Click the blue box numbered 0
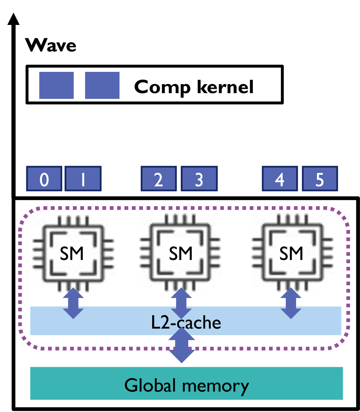pos(44,179)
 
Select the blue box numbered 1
pos(83,179)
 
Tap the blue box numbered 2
pos(159,179)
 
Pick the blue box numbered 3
pos(199,179)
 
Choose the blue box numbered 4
pos(280,179)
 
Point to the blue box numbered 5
pos(320,179)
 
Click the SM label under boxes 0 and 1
pos(72,254)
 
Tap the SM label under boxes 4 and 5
pos(291,254)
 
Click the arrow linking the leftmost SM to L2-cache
pos(73,303)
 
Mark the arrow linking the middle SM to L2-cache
pos(181,303)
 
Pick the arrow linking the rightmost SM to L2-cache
pos(291,303)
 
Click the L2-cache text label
pos(186,322)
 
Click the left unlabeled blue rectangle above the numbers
pos(56,85)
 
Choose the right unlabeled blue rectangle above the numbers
pos(102,85)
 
